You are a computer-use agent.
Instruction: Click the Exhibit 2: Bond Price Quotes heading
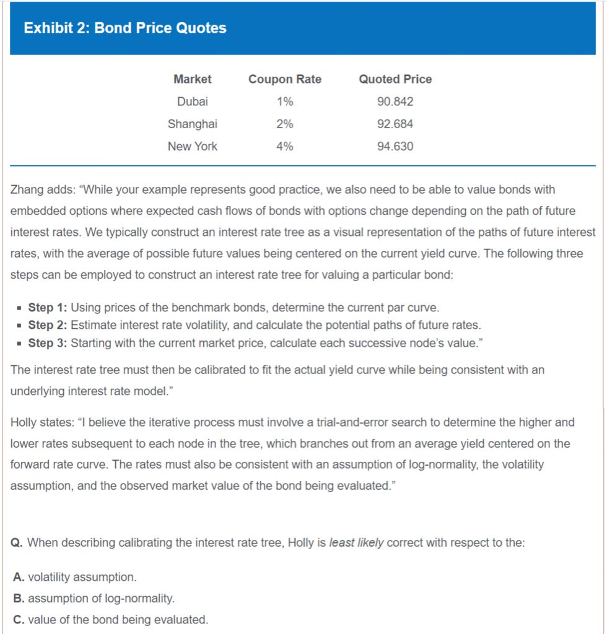(x=125, y=28)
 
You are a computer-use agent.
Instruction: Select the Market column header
(x=192, y=79)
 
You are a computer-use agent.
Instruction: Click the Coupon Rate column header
(x=285, y=79)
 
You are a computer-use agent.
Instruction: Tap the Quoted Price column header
(x=395, y=79)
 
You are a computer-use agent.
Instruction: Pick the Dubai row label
(x=192, y=102)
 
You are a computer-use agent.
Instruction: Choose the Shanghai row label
(x=192, y=124)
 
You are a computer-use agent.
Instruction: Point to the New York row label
(x=192, y=147)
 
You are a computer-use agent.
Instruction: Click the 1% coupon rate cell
(x=285, y=102)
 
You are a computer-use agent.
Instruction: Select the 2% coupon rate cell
(x=285, y=124)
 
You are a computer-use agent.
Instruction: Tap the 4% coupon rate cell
(x=285, y=147)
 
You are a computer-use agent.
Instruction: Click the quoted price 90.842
(x=395, y=102)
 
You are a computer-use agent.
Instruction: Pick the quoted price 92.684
(x=395, y=124)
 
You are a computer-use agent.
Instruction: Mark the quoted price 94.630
(x=395, y=147)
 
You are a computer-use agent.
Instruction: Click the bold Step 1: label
(x=48, y=308)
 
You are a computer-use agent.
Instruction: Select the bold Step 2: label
(x=48, y=325)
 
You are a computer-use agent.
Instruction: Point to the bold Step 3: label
(x=48, y=342)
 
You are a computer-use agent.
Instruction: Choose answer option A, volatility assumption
(x=74, y=577)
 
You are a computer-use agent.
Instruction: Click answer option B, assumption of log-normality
(x=94, y=599)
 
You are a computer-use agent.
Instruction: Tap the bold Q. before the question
(x=18, y=543)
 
